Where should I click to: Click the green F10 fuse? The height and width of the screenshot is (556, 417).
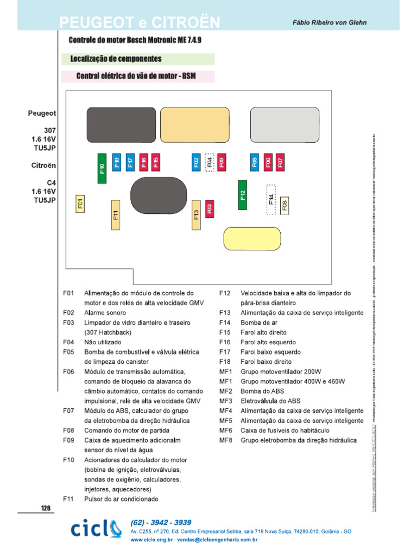pos(102,168)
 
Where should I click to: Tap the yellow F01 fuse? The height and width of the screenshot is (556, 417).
pos(80,204)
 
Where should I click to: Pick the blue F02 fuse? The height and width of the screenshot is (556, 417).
pos(196,162)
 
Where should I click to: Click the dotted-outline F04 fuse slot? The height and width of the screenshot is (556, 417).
pos(209,162)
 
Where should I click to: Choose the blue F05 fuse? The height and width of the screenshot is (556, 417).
pos(255,162)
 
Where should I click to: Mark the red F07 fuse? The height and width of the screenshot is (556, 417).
pos(280,162)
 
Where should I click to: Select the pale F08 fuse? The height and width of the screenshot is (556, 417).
pos(285,205)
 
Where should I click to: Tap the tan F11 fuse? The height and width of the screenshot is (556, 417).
pos(115,216)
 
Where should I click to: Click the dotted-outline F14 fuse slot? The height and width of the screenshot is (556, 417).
pos(271,199)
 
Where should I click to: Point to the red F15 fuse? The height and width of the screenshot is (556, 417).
pos(156,162)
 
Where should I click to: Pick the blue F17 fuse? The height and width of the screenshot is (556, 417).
pos(130,162)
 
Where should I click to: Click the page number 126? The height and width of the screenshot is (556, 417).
pos(46,508)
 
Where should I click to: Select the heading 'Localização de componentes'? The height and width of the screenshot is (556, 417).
pos(116,59)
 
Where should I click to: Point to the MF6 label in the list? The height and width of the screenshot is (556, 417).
pos(226,431)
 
